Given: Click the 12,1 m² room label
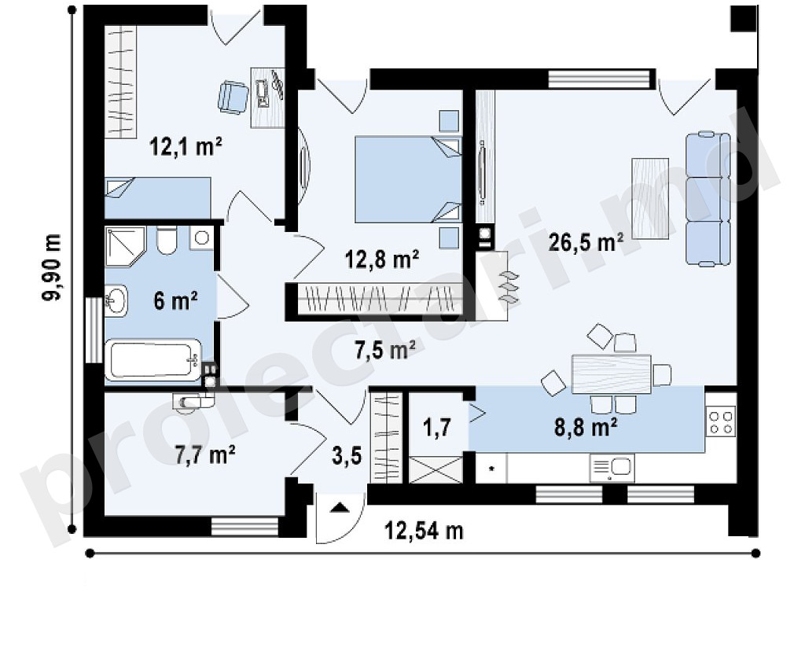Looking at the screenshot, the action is [186, 147].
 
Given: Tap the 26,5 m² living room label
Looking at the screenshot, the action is [586, 242].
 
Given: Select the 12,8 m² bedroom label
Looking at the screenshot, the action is [383, 259].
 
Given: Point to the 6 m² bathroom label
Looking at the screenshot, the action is [175, 300].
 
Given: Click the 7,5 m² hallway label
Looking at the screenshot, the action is [385, 351].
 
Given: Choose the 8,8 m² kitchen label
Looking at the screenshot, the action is [586, 427].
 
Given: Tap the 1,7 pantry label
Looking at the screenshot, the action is [437, 427].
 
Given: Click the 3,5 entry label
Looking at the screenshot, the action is [347, 455].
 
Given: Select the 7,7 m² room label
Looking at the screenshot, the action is [205, 455].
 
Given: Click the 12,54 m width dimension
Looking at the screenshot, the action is [424, 531].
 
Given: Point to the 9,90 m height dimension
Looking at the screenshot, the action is [52, 268].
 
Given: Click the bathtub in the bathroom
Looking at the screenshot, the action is [153, 360].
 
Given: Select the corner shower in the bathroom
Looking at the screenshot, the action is [125, 247].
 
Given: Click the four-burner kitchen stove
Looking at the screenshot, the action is [722, 421].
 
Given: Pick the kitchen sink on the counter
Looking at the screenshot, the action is [612, 469].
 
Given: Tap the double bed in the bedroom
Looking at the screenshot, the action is [408, 179].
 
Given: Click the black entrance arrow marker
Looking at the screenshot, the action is [339, 508].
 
